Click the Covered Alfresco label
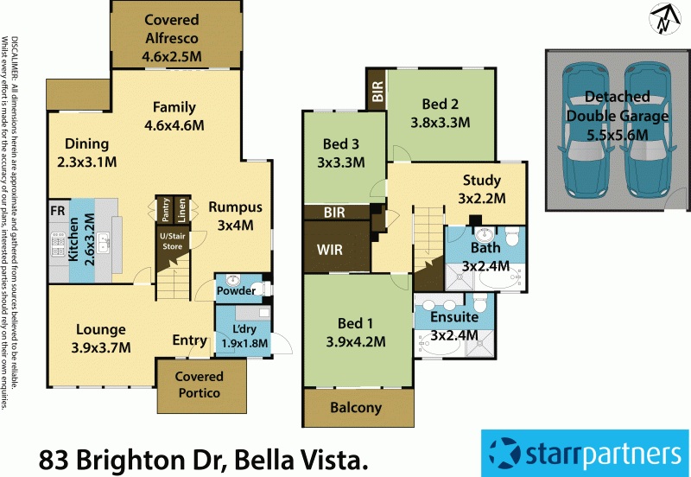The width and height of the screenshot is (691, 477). pos(170,20)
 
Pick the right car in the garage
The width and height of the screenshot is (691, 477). pos(648,130)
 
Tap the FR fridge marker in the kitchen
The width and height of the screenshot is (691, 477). pos(58,210)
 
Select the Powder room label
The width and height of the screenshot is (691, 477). pos(236,291)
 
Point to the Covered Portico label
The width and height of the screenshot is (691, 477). pos(200,385)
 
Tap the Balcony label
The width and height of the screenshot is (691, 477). pos(356,409)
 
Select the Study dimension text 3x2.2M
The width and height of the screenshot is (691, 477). pos(481,198)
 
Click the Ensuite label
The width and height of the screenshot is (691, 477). pos(454,318)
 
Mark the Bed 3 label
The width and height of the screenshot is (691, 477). pos(340,144)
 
